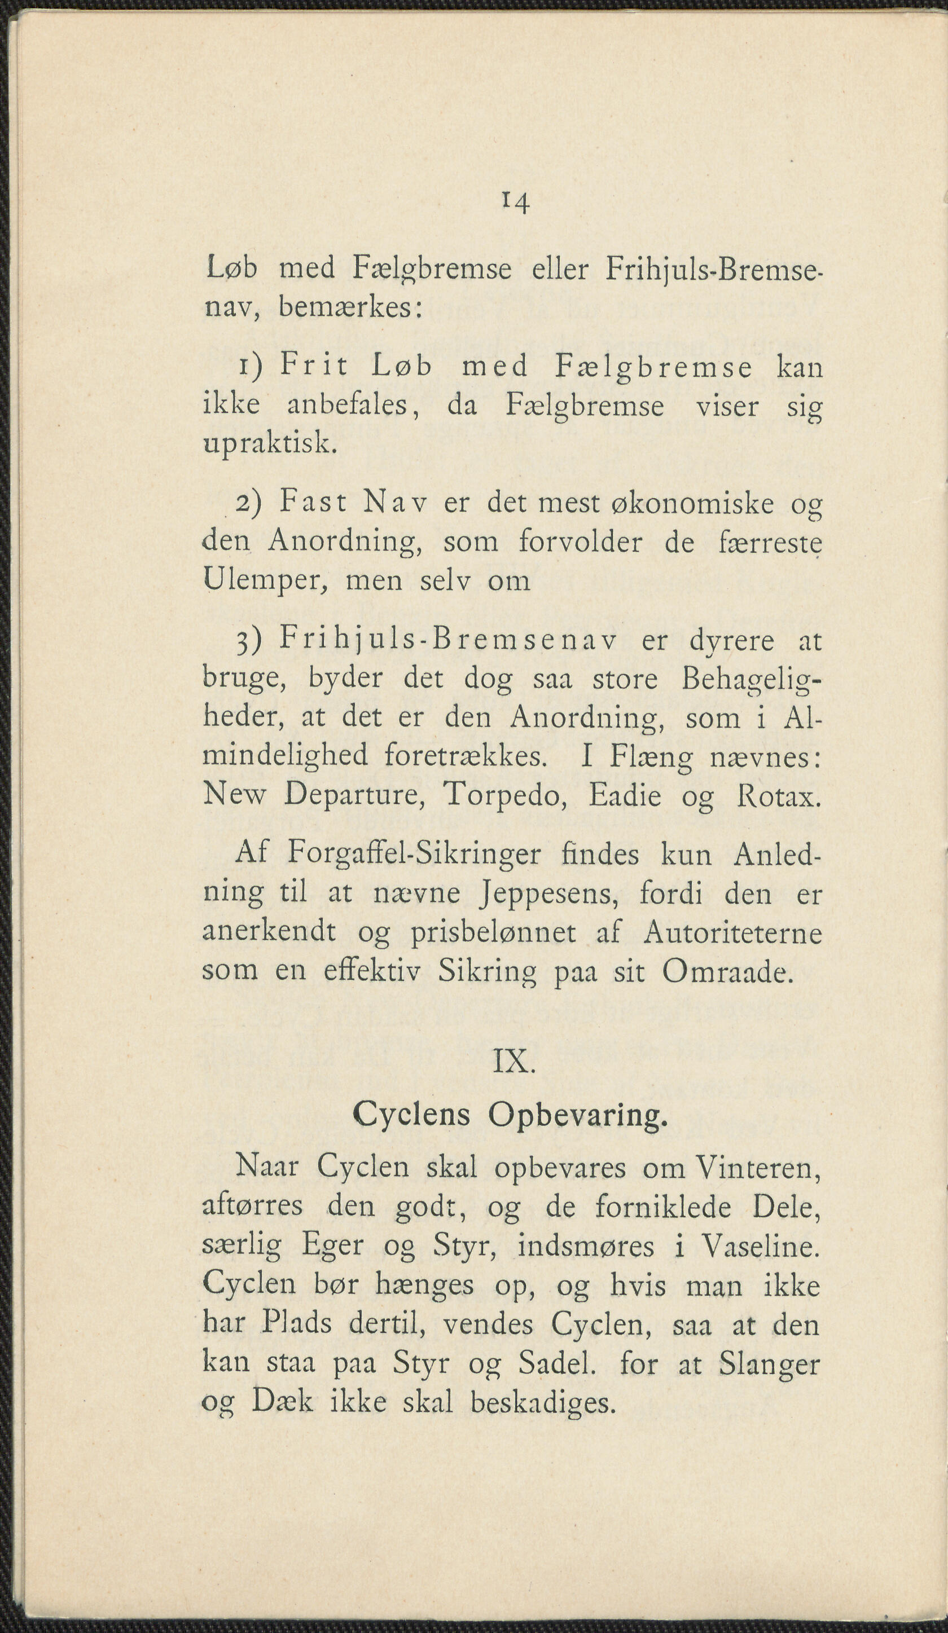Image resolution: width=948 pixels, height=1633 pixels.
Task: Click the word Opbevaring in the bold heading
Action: [577, 1115]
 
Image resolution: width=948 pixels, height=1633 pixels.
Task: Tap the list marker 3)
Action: [248, 641]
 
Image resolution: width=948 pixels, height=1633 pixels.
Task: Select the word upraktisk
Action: [270, 445]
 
